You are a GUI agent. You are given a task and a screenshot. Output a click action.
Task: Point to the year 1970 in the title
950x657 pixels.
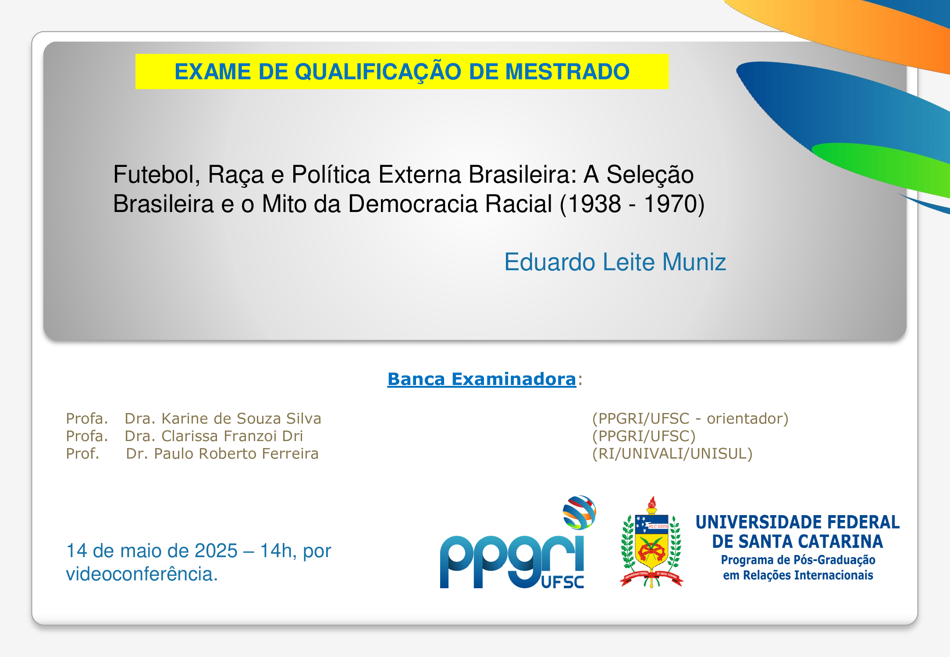pos(671,204)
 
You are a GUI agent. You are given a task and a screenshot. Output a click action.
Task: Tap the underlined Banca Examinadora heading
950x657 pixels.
pos(482,379)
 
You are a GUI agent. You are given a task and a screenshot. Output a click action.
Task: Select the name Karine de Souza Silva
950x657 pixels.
pos(241,418)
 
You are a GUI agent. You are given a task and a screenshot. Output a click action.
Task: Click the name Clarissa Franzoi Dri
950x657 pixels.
pos(232,436)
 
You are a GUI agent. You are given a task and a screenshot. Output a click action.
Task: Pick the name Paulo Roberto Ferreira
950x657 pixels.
pos(236,453)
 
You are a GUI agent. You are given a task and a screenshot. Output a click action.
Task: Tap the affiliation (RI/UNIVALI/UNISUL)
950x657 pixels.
pos(672,454)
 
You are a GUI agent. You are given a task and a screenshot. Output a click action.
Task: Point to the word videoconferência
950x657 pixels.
pos(142,574)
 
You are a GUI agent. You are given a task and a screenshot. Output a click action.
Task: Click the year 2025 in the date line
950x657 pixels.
pos(216,551)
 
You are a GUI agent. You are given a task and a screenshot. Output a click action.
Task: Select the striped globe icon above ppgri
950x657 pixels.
pos(579,512)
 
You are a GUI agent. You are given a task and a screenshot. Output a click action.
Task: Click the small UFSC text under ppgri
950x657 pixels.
pos(562,582)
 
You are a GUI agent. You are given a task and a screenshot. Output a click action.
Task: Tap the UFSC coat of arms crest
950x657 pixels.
pos(651,542)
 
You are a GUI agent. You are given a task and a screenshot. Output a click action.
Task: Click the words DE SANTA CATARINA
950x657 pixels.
pos(797,542)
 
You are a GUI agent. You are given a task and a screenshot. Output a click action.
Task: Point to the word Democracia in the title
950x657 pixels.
pos(450,204)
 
